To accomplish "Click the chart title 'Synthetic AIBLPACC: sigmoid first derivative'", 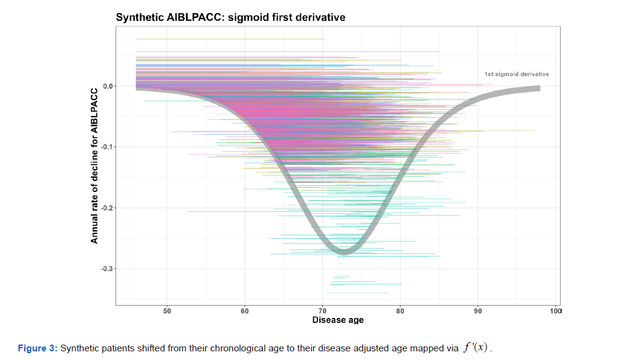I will point(230,17).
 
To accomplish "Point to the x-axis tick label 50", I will point(167,311).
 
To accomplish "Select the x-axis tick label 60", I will point(245,311).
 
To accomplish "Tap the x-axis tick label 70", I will point(322,311).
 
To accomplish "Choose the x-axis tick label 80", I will point(400,311).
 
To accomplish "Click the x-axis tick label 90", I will point(477,311).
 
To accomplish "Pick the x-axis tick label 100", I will point(555,311).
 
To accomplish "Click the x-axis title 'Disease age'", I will point(338,320).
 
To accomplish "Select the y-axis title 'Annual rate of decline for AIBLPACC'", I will point(94,165).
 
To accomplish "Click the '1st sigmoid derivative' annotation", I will point(516,74).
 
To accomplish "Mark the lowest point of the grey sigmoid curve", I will point(343,251).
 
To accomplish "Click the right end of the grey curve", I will point(539,88).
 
